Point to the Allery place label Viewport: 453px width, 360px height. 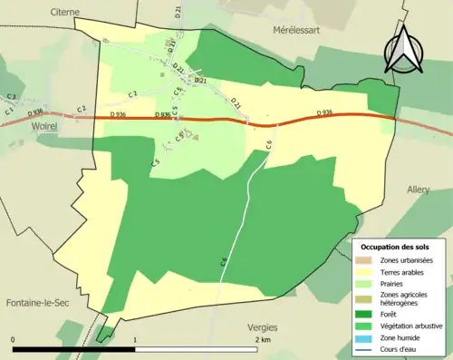pos(419,190)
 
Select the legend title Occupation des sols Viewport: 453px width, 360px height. pos(397,246)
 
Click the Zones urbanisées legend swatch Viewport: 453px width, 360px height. pos(363,260)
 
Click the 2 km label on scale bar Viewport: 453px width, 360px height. pos(264,339)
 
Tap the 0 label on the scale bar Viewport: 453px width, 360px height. pos(14,339)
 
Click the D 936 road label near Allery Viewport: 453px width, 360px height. pos(326,112)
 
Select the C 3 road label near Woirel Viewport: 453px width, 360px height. pos(11,96)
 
